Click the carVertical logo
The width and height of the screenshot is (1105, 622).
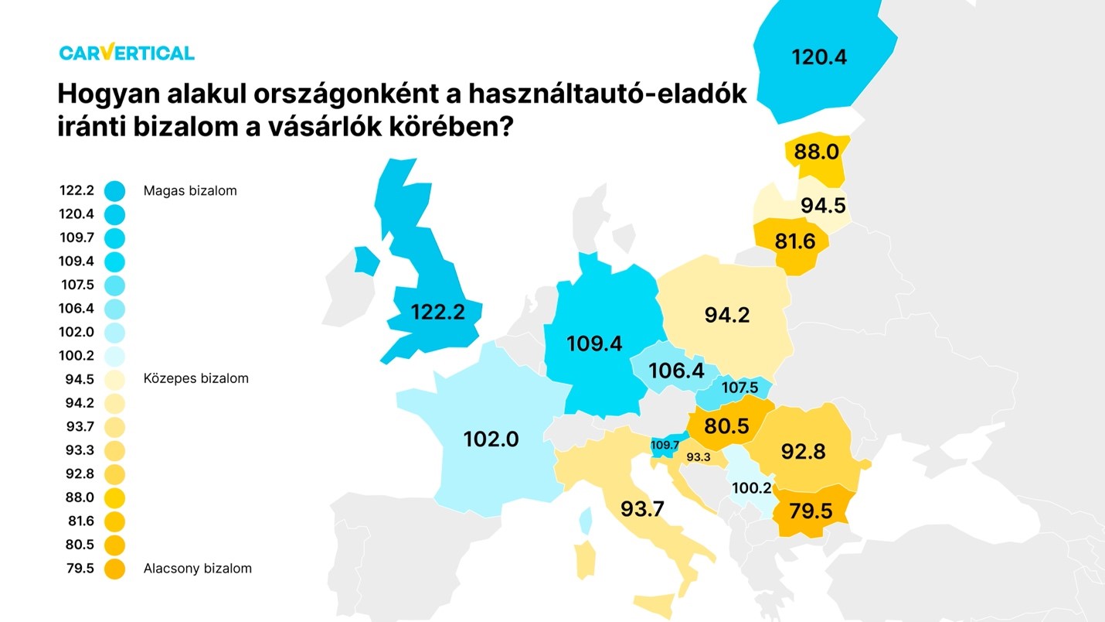(127, 53)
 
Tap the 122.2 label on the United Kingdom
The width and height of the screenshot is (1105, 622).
(437, 312)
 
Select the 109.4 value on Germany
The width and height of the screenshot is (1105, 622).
(594, 343)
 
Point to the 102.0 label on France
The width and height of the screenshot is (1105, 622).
(491, 439)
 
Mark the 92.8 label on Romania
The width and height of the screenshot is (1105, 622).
(803, 451)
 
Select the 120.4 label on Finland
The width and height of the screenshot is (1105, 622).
(819, 56)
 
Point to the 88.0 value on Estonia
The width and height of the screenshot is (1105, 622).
(817, 152)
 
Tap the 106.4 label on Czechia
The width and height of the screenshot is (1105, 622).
(678, 371)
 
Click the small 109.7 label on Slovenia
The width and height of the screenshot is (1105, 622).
(665, 446)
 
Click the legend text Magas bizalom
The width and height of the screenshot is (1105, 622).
(190, 190)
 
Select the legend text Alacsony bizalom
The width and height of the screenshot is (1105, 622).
(198, 569)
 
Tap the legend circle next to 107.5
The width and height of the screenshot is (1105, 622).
(114, 285)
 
